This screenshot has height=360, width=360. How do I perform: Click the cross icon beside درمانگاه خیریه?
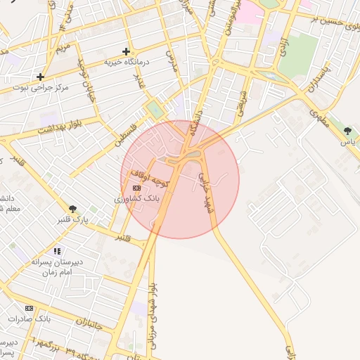[126, 51]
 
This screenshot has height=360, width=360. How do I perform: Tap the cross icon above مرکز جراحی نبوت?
[41, 77]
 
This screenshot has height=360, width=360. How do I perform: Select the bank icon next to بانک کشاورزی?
[136, 188]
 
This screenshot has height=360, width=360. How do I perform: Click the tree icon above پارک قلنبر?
[72, 209]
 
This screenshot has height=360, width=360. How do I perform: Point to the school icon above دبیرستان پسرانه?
[57, 251]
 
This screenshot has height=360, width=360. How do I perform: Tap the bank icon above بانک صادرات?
[29, 309]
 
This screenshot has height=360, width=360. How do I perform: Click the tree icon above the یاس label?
[347, 131]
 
